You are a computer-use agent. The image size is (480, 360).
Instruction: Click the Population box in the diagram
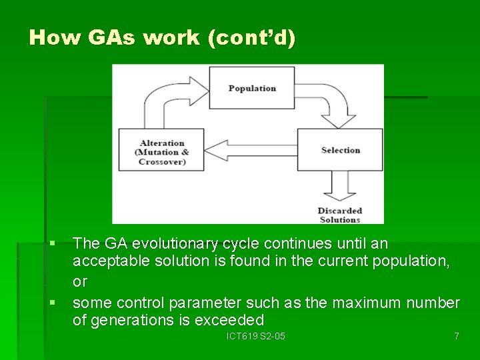coord(251,88)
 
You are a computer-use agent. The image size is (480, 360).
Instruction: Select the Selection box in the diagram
coord(340,150)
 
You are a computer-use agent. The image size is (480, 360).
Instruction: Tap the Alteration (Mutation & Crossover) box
coord(162,152)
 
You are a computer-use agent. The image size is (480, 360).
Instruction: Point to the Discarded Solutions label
coord(339,215)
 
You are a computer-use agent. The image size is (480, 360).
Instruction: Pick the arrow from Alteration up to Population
coord(167,100)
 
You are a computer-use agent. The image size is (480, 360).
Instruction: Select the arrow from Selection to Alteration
coord(251,150)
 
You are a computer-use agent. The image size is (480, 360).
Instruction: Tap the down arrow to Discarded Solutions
coord(340,187)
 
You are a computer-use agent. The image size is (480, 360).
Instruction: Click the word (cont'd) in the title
coord(251,37)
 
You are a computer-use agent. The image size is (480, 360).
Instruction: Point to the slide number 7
coord(456,336)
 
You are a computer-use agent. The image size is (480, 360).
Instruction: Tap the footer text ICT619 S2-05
coord(256,336)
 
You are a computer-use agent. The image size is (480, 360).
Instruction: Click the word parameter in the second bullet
coord(201,303)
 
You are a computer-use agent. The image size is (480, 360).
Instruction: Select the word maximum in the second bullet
coord(367,303)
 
